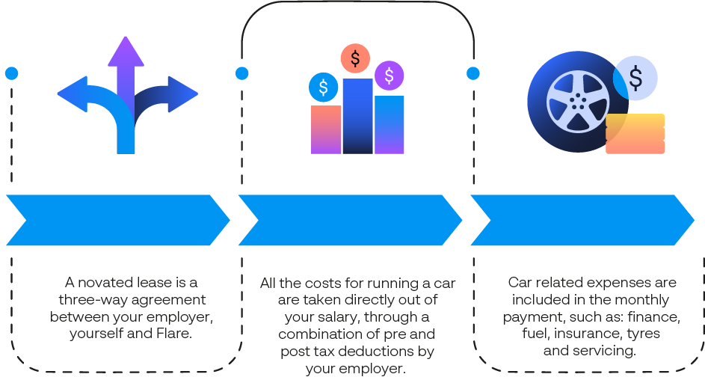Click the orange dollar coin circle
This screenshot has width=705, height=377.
355,58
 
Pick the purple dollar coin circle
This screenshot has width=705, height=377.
389,75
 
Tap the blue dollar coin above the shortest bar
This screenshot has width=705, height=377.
323,88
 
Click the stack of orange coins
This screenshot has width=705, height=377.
635,134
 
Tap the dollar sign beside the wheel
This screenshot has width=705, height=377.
636,78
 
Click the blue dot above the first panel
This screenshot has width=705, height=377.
11,73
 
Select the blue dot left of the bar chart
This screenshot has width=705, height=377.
241,73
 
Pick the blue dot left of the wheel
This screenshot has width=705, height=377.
472,73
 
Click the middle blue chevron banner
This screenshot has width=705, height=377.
350,220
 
